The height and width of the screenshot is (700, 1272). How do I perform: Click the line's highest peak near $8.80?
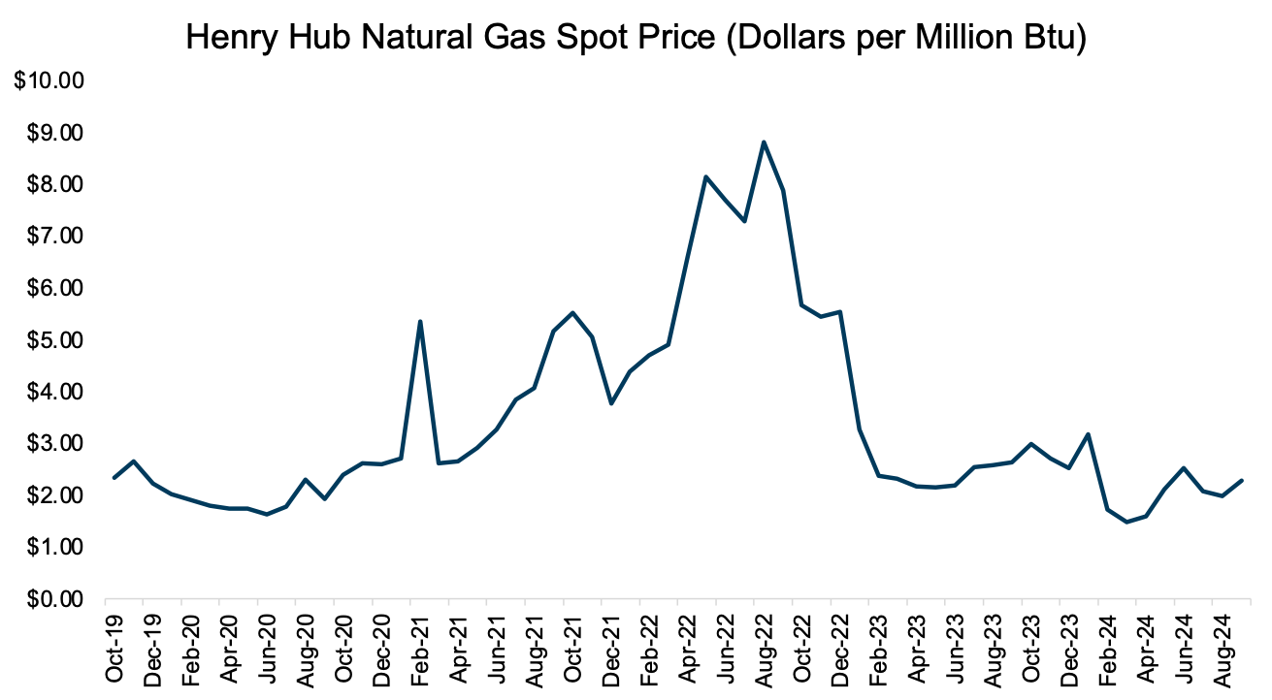(764, 143)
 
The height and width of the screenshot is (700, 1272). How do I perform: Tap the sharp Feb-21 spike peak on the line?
(420, 321)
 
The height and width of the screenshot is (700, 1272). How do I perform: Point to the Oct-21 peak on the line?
(572, 312)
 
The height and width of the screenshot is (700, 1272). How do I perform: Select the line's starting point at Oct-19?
(114, 478)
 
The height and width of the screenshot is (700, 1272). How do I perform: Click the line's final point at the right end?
(1242, 481)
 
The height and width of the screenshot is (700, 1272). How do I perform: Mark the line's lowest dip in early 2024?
(1127, 523)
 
